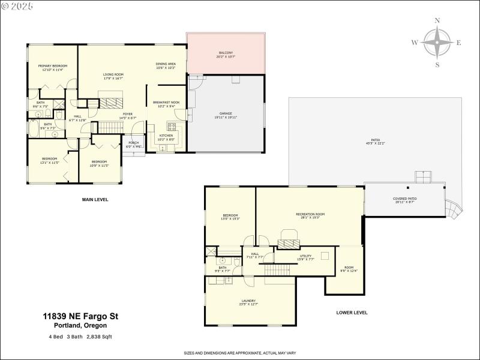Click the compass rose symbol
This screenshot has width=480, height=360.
point(437,43)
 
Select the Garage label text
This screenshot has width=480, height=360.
point(225,115)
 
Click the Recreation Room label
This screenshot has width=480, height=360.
point(310,215)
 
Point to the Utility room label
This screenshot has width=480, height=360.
point(306,257)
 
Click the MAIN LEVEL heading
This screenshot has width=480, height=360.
point(95,199)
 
